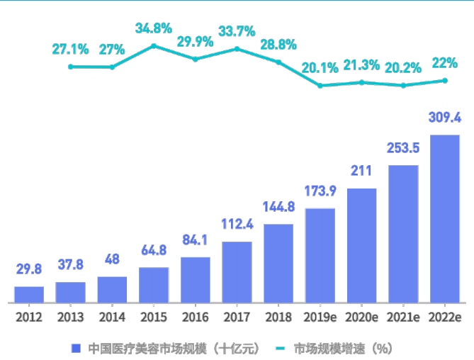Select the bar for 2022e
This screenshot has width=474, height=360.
click(445, 219)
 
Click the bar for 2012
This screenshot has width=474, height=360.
click(29, 295)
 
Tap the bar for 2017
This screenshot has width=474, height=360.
click(237, 272)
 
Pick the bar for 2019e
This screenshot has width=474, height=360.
click(320, 256)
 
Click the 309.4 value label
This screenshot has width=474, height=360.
click(445, 117)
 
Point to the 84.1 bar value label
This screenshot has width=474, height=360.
click(195, 240)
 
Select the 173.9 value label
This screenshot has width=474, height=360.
click(320, 191)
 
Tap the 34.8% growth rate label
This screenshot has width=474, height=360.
click(154, 28)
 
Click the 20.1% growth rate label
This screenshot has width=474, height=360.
click(320, 68)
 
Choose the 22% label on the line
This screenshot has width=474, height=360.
click(445, 62)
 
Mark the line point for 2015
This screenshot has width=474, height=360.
click(154, 46)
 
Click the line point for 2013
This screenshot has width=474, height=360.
click(71, 67)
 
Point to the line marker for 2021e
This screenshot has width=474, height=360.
click(403, 85)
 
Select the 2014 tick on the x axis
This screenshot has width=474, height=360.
click(112, 317)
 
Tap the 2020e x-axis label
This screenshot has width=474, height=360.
click(361, 317)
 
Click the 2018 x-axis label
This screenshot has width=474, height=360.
click(278, 317)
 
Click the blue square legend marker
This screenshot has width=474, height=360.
click(76, 348)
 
